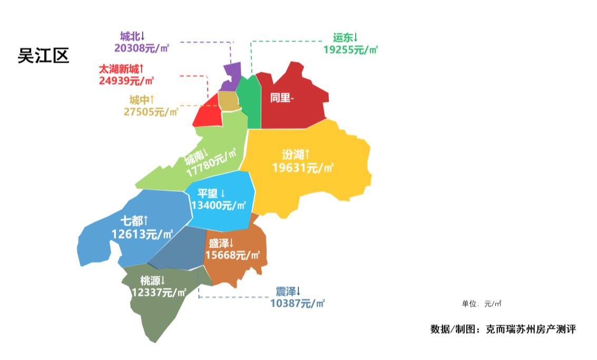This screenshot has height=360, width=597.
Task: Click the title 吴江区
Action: [x=43, y=55]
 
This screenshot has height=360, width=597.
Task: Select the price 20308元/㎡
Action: [x=141, y=48]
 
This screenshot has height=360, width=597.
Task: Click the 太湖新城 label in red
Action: [x=121, y=69]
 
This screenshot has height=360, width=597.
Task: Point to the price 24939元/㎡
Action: [x=126, y=81]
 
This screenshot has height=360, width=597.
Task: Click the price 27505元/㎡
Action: [x=151, y=112]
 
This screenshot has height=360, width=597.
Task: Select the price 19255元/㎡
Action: [x=350, y=50]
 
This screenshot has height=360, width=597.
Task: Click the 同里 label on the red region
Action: [x=280, y=98]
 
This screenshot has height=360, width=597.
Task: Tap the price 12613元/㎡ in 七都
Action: [x=143, y=233]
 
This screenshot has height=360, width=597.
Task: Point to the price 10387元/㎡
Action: [x=297, y=303]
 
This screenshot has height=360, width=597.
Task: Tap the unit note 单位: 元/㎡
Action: [x=481, y=304]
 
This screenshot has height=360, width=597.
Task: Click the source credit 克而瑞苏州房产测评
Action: [x=531, y=329]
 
